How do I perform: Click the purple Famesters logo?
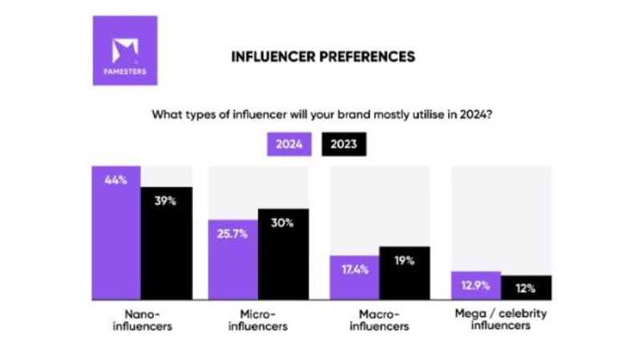point(124,51)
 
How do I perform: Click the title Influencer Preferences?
point(323,57)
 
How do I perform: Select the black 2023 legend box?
point(343,145)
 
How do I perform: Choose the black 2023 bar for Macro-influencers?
point(405,273)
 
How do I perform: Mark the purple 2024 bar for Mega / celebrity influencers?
point(476,285)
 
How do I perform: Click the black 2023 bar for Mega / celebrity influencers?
point(526,286)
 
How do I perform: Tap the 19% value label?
point(405,260)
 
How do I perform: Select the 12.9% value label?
point(476,285)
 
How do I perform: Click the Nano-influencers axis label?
point(142,320)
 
